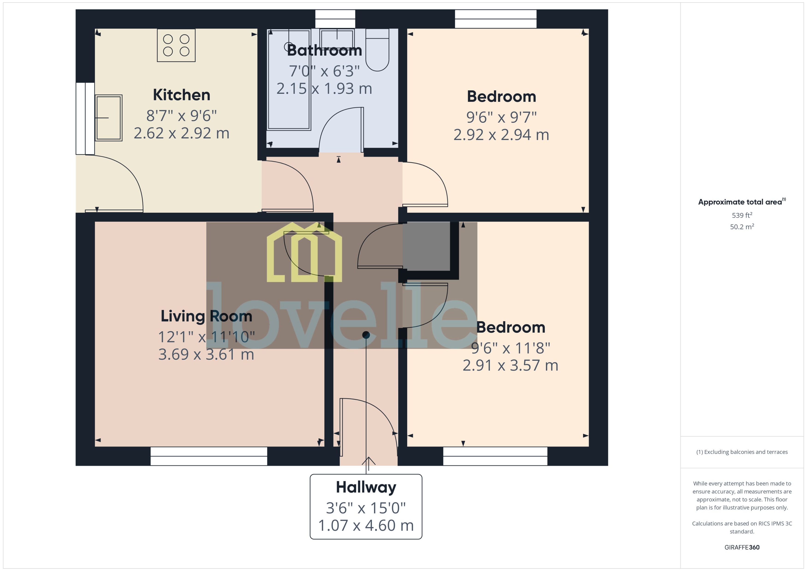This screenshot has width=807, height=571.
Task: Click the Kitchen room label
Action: click(181, 95)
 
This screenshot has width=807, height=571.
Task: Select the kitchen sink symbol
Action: click(108, 118)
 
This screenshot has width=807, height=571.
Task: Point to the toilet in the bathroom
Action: click(377, 51)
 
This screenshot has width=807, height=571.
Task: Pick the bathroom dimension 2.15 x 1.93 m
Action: click(324, 89)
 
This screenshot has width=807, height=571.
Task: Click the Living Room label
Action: click(206, 316)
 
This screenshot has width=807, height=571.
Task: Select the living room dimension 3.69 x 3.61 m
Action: click(206, 354)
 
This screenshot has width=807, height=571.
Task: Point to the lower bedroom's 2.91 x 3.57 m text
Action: click(510, 366)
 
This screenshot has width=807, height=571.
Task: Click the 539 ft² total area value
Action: click(742, 215)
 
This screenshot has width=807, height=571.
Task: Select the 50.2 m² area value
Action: click(742, 227)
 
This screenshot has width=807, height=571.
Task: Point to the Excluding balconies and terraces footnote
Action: click(742, 452)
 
